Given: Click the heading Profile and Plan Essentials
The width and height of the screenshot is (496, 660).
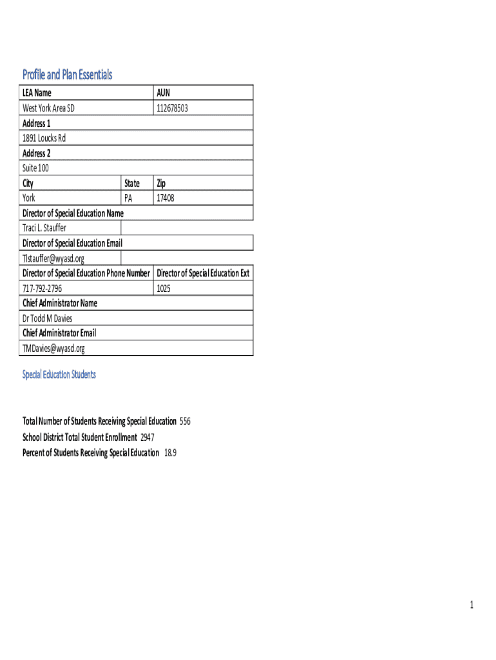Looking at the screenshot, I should pos(67,75).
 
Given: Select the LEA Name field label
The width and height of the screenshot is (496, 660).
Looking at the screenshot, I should pos(37,93).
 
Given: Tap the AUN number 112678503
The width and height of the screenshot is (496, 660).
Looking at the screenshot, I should pos(172,108).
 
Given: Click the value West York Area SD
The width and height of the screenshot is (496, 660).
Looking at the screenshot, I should pos(48,108).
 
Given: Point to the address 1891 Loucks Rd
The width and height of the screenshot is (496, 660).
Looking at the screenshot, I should pos(44,138).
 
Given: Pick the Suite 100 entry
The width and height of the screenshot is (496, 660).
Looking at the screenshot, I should pos(35,168).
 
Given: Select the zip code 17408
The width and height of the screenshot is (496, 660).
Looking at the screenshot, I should pos(165,199).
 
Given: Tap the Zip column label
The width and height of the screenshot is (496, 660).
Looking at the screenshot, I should pos(161,183).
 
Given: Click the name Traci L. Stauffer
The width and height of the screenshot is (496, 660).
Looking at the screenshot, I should pos(44,228).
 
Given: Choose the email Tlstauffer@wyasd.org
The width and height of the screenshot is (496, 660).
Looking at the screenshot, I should pos(53,258).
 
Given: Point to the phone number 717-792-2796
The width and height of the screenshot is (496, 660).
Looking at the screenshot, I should pos(43,289).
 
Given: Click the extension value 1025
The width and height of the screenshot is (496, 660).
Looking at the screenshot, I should pos(164,289).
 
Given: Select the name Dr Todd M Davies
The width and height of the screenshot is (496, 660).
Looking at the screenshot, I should pos(47,318).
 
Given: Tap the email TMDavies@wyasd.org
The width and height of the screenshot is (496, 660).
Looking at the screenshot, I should pos(53,349).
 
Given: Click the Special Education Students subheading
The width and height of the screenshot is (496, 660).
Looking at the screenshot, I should pos(59,374).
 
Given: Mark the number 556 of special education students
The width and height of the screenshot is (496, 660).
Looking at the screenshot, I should pos(185,422).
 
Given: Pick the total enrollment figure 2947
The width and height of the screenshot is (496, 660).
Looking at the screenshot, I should pos(148,437).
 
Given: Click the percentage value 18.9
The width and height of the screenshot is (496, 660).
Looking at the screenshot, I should pos(170,452).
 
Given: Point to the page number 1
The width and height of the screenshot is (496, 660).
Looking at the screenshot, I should pos(472,605).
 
